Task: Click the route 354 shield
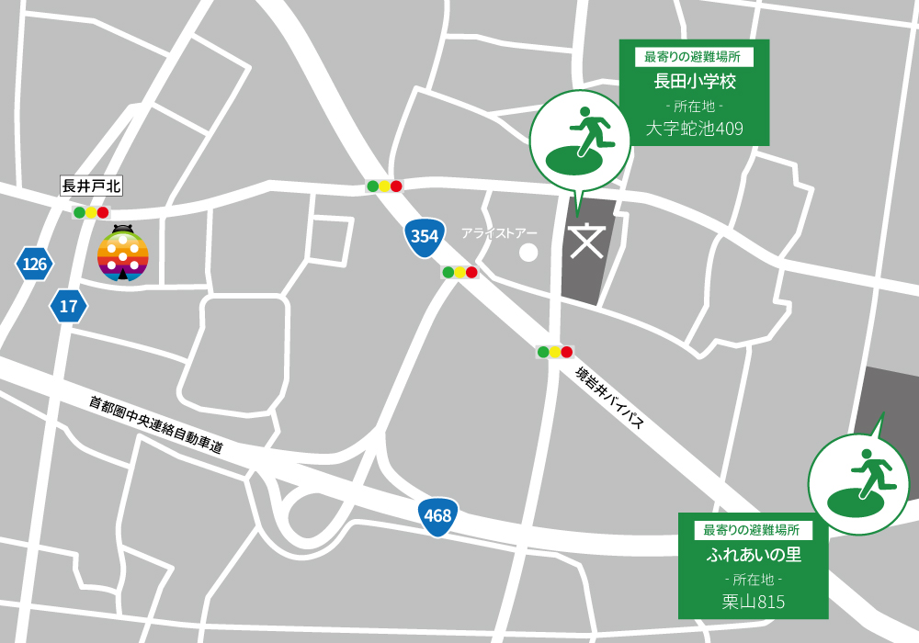[x=424, y=236]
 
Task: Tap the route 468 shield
[x=437, y=515]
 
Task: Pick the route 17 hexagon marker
[x=68, y=306]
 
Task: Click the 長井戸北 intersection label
[x=91, y=186]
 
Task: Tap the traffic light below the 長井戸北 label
[x=91, y=212]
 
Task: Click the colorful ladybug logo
[x=123, y=254]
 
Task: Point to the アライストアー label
[x=500, y=233]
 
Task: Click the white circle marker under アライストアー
[x=528, y=251]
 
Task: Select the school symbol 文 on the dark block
[x=584, y=241]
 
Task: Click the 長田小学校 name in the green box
[x=694, y=82]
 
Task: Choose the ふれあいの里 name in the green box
[x=754, y=555]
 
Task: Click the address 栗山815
[x=754, y=602]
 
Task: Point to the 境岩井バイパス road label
[x=608, y=397]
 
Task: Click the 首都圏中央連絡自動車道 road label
[x=156, y=424]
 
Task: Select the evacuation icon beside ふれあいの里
[x=858, y=483]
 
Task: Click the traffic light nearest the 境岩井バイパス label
[x=554, y=352]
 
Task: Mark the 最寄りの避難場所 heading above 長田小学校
[x=694, y=57]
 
